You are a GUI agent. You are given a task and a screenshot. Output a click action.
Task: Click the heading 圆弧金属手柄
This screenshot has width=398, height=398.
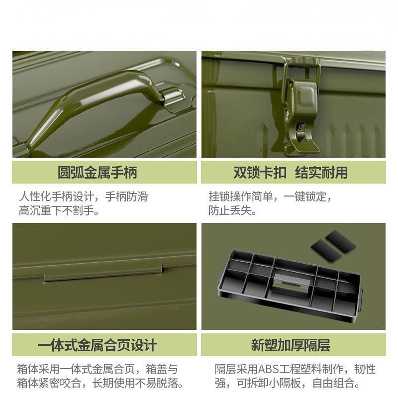(x=98, y=172)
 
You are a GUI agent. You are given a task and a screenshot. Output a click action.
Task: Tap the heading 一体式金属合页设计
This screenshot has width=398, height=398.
(x=97, y=345)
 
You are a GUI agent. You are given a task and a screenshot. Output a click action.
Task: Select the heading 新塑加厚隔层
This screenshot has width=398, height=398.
(x=291, y=345)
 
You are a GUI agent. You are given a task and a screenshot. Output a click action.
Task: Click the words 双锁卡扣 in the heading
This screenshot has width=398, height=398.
(x=260, y=172)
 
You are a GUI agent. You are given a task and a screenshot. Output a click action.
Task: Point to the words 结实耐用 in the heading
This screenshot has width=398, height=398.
(x=321, y=172)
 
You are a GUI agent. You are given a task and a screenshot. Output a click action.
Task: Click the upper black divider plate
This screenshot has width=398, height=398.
(x=340, y=241)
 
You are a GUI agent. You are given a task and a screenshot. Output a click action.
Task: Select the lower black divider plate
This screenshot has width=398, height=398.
(x=326, y=251)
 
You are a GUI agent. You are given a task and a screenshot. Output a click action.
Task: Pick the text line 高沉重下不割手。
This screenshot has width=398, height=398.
(x=59, y=210)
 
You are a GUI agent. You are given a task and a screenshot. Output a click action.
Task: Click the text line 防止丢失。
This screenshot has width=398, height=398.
(x=232, y=210)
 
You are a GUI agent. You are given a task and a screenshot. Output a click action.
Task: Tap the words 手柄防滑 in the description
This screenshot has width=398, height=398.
(x=126, y=197)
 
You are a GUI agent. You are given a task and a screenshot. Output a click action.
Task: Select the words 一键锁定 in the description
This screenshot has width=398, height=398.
(x=305, y=197)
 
